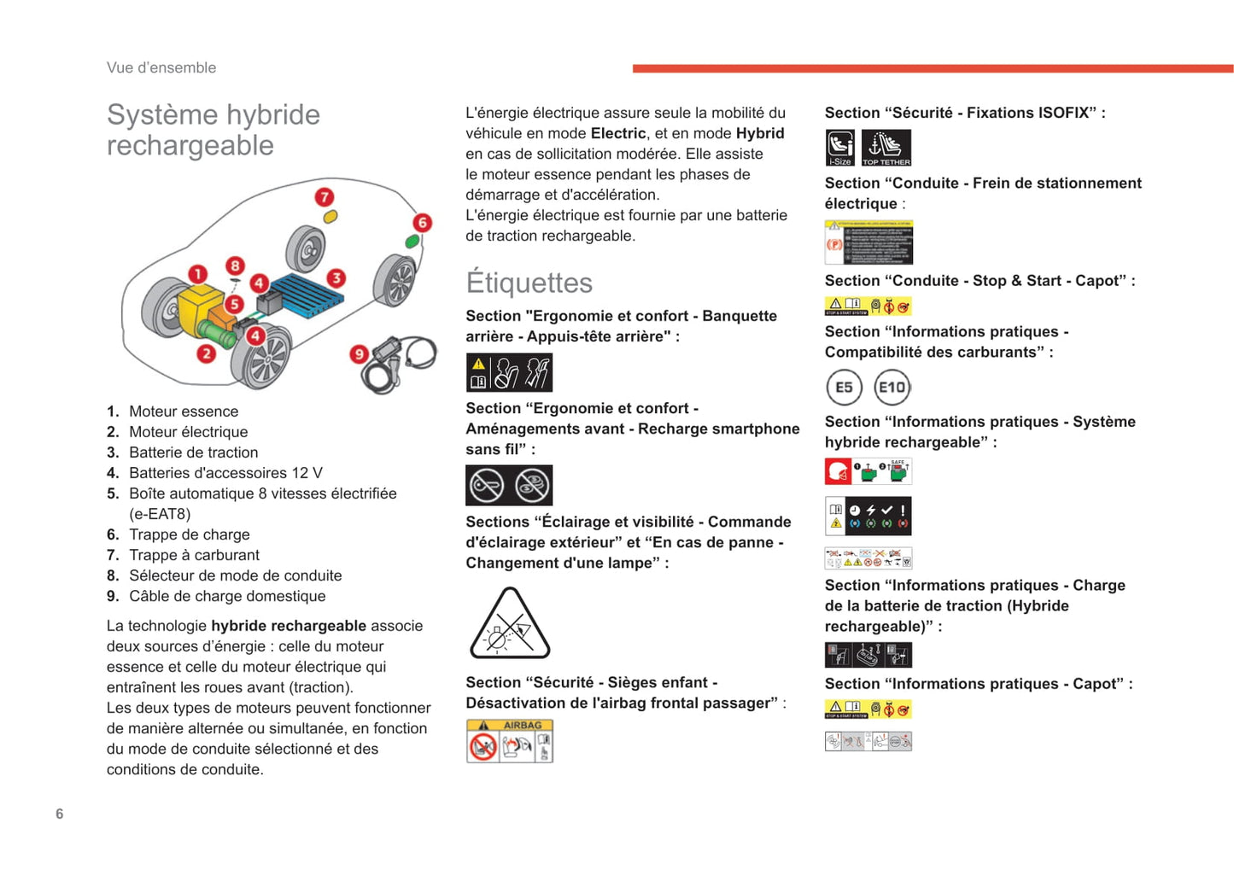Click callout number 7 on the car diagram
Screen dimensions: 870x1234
click(324, 197)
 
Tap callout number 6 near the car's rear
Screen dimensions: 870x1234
click(422, 223)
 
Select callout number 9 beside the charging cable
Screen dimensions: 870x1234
click(359, 353)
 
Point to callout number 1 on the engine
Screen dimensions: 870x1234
click(197, 274)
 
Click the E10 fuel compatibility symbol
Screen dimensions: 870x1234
click(892, 388)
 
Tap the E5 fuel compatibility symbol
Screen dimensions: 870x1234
click(844, 388)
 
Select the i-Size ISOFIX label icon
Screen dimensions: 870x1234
click(840, 148)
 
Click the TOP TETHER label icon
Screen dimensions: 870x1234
click(886, 148)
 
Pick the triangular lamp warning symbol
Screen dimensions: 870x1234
click(510, 625)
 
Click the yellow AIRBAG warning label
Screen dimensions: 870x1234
click(510, 740)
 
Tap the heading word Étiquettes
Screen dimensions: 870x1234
click(529, 283)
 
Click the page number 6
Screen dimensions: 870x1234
click(59, 814)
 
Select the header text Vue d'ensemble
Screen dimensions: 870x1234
click(161, 67)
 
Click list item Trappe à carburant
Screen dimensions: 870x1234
click(194, 555)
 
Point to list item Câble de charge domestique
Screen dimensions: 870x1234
click(227, 596)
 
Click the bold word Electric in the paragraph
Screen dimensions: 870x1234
click(618, 133)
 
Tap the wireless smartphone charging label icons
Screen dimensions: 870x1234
click(509, 486)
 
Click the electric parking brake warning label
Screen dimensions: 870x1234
click(868, 242)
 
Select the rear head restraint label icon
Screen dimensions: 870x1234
click(509, 373)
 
